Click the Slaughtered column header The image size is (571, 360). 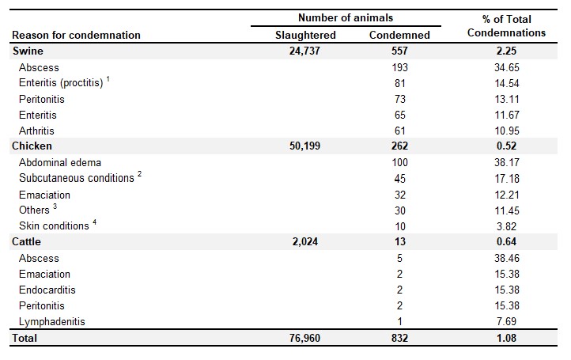pos(305,35)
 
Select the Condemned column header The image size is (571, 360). pos(399,35)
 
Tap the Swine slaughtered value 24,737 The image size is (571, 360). pos(304,51)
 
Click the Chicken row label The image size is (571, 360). pos(32,146)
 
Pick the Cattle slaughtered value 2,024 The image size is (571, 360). pos(305,241)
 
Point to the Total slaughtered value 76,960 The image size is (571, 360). pos(304,338)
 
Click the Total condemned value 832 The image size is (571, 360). pos(399,338)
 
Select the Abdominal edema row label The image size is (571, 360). pos(60,162)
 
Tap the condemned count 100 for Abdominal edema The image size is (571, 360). pos(400,162)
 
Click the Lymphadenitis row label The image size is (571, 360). pos(51,321)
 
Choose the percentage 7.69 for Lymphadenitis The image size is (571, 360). pos(506,321)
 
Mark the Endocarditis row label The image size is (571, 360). pos(47,290)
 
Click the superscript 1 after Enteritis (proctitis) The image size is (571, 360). pos(108,78)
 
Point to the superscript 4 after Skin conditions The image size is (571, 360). pos(94,222)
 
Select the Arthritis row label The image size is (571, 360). pos(36,131)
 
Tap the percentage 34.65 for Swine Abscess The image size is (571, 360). pos(507,67)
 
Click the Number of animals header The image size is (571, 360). pos(346,17)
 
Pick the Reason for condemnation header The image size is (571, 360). pos(76,35)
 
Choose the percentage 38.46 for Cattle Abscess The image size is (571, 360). pos(507,258)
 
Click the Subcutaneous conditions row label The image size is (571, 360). pos(77,178)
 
